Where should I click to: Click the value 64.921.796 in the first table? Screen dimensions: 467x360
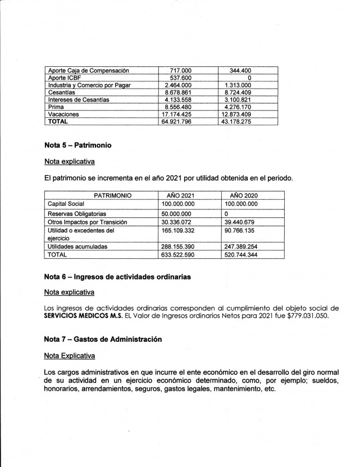(x=177, y=121)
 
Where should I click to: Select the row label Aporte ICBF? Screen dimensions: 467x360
(x=66, y=78)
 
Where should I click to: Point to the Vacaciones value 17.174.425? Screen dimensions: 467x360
(x=177, y=115)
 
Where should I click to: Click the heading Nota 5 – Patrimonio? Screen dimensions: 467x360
(x=78, y=145)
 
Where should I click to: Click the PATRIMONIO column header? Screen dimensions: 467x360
(x=113, y=196)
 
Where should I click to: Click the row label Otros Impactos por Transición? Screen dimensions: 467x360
(x=87, y=222)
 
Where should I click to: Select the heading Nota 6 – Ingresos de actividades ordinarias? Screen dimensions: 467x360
(x=117, y=277)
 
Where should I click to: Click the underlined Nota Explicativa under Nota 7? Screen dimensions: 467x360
(x=69, y=356)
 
